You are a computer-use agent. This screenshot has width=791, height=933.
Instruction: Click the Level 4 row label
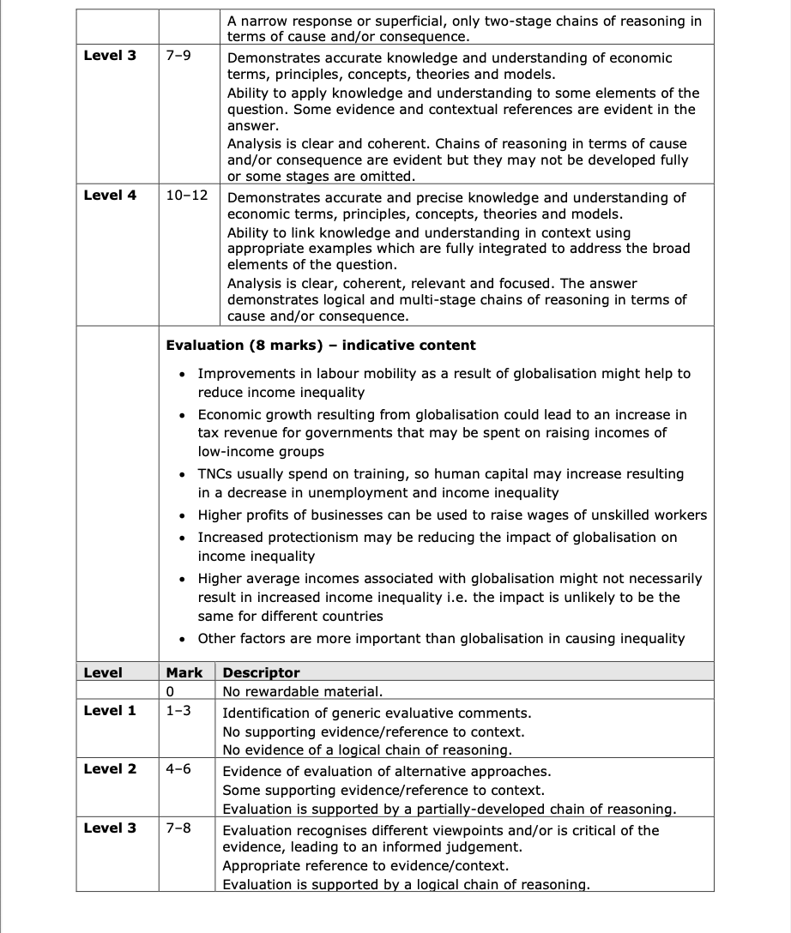[110, 195]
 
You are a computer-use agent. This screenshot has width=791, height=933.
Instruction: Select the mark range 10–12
[187, 195]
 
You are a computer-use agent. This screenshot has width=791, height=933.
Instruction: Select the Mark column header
[184, 672]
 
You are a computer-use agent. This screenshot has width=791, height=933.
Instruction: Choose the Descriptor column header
[262, 673]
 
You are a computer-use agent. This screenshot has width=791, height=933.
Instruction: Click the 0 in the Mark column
[171, 691]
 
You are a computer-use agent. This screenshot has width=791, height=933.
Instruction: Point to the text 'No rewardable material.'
[303, 691]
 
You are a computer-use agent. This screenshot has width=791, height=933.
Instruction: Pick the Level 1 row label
[110, 710]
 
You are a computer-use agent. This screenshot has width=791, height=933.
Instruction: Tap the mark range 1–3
[178, 710]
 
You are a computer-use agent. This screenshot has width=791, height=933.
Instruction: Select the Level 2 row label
[110, 768]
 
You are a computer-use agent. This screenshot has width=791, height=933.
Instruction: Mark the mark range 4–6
[178, 768]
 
